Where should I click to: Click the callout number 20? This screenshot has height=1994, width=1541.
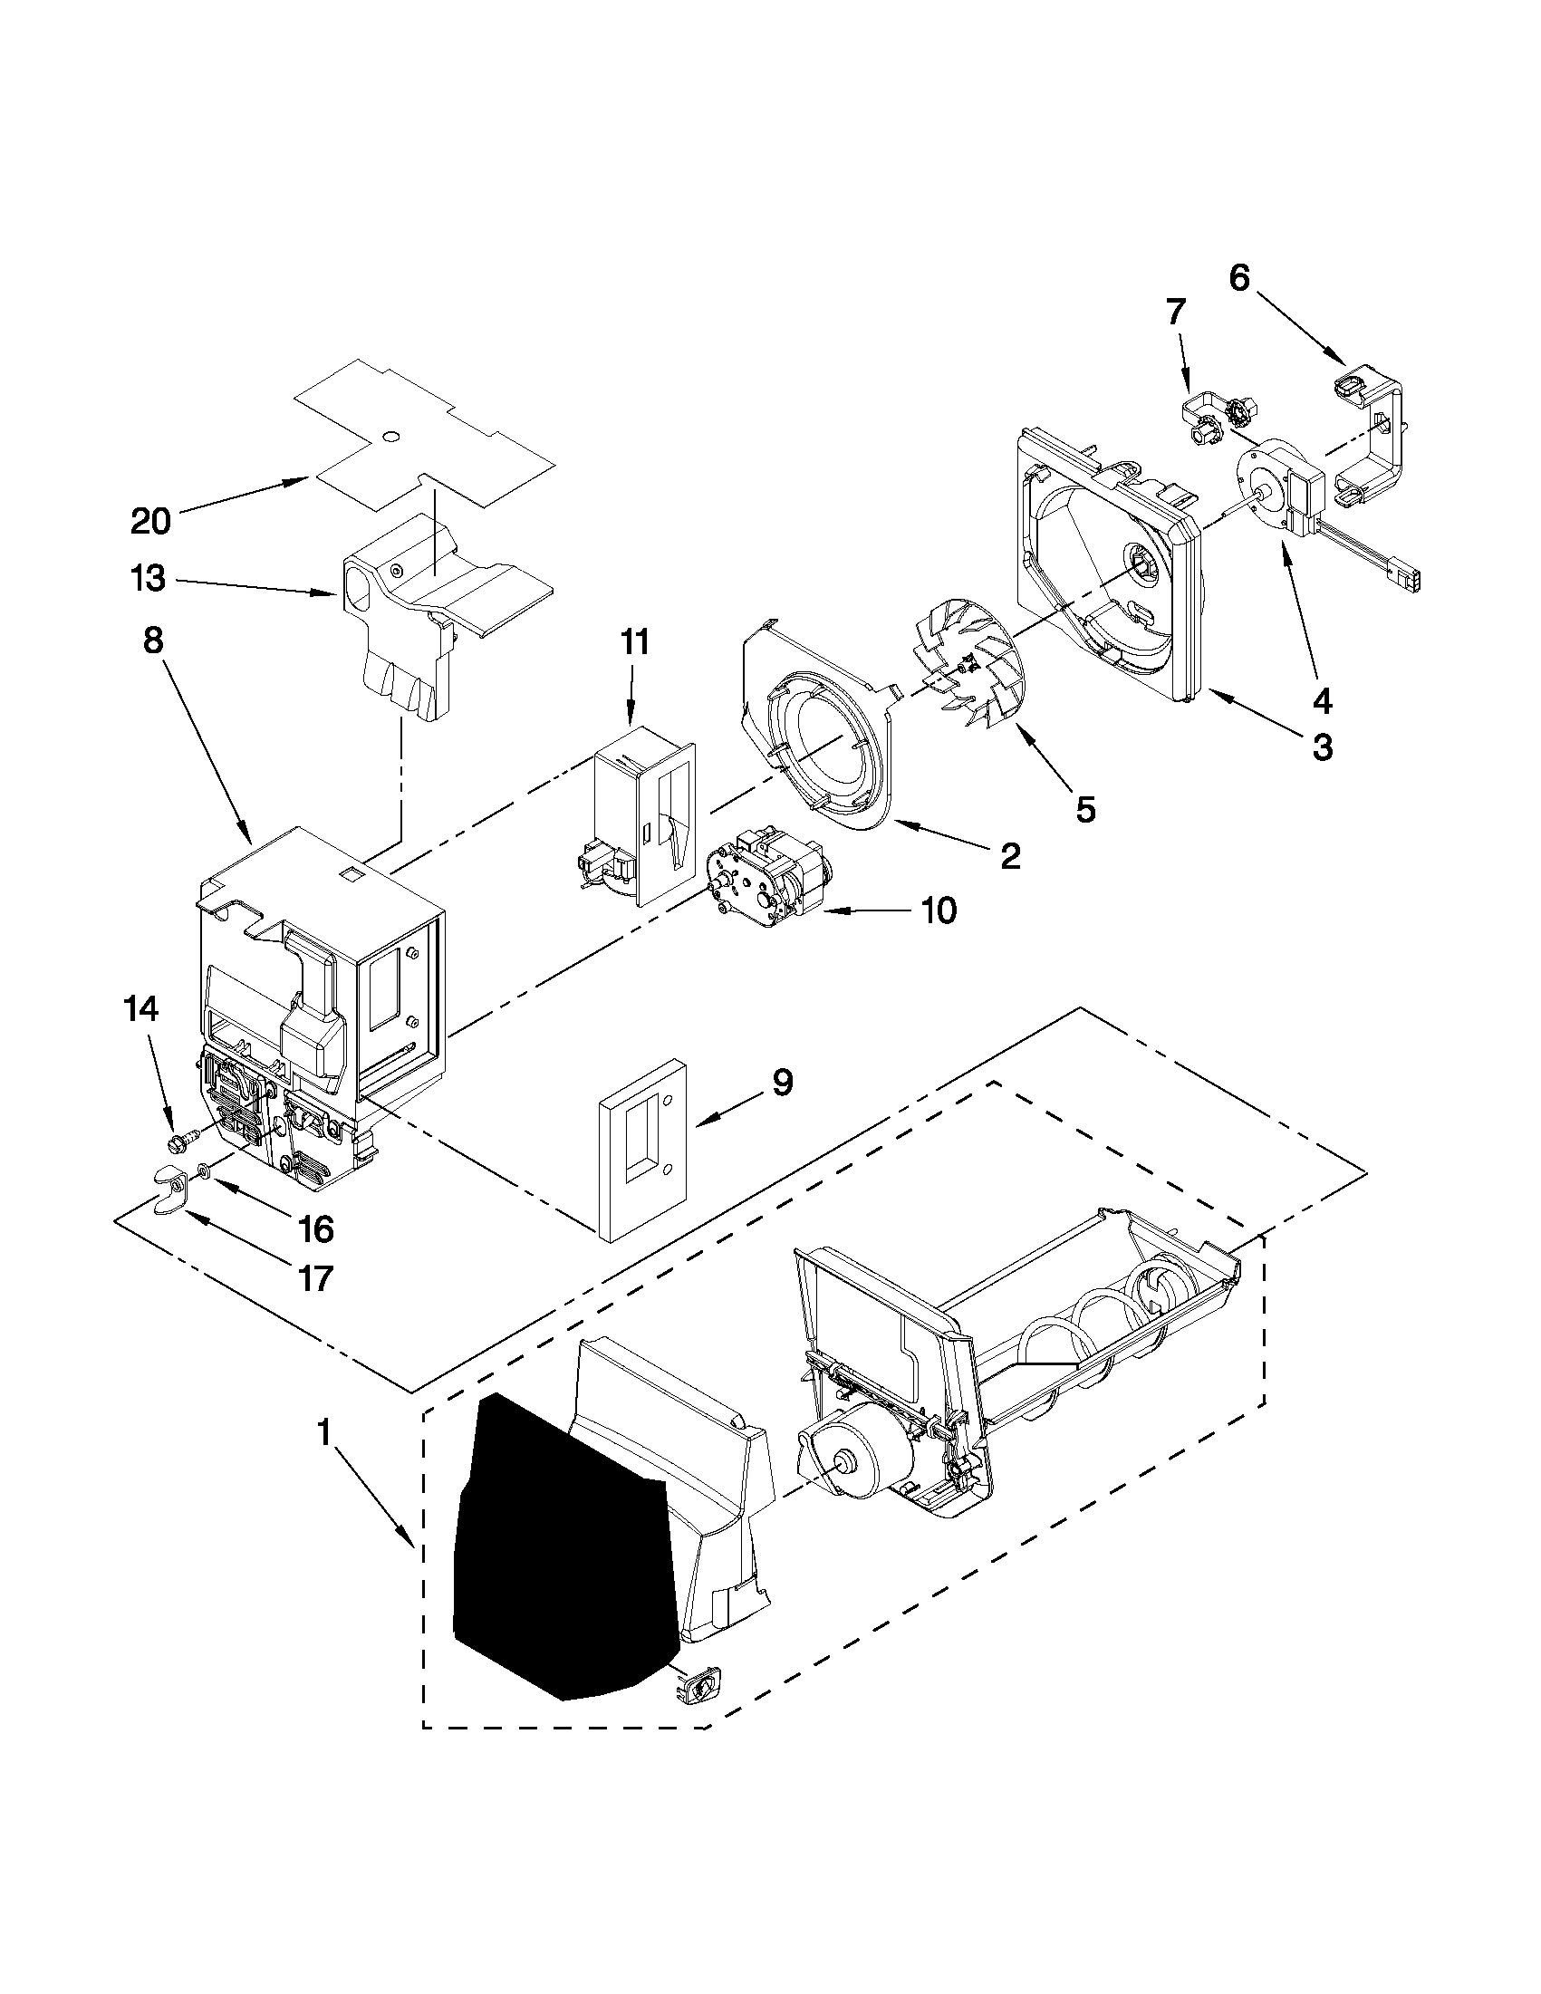(150, 521)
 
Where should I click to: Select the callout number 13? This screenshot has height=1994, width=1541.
(148, 578)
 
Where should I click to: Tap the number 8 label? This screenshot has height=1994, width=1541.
(153, 641)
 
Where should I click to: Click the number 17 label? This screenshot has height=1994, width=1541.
(315, 1279)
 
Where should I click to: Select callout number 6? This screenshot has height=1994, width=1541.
(1238, 277)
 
